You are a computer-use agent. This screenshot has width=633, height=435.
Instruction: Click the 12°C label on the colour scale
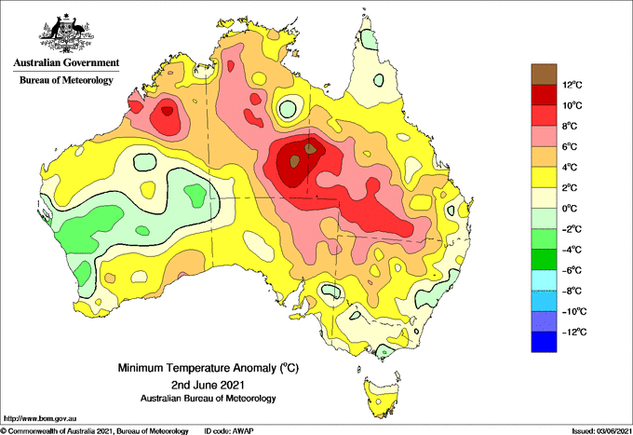572,85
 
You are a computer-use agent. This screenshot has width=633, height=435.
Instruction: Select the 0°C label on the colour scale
570,209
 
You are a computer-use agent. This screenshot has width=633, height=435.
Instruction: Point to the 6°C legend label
570,146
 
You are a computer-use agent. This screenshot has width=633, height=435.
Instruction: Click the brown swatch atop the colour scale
544,74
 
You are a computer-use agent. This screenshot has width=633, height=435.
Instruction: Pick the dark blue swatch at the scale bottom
544,342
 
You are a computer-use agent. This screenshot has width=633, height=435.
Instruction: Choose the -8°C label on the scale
572,291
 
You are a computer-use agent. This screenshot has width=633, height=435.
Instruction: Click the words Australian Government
66,63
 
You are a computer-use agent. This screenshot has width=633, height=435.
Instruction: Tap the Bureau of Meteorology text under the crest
66,80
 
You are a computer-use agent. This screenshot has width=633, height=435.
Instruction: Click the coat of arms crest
67,34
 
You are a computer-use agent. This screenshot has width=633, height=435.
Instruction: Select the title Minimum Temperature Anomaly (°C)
209,368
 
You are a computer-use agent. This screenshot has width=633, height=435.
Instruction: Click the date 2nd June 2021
209,384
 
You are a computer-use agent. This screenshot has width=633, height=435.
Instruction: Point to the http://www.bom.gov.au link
39,418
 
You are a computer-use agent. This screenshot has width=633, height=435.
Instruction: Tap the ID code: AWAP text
229,431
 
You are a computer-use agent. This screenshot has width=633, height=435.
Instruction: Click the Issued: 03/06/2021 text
601,431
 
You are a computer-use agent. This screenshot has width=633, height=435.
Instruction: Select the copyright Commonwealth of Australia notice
94,431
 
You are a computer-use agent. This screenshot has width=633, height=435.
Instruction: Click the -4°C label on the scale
572,250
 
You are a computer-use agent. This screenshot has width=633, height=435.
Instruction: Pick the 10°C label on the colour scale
572,105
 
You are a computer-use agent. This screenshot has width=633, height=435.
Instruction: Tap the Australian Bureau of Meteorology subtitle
209,399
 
